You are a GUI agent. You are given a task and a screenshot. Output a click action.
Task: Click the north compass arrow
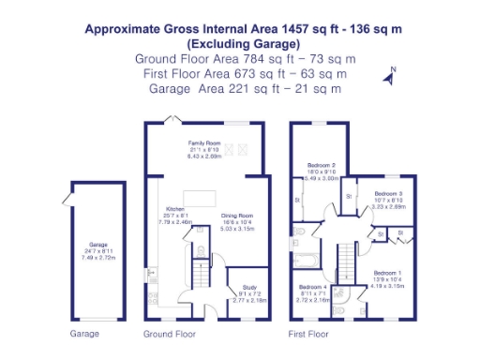coord(389,77)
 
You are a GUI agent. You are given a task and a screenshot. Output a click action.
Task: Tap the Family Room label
coord(204,144)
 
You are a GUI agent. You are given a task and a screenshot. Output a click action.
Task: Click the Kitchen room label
coord(175,208)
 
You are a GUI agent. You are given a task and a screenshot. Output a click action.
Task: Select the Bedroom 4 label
coord(313,287)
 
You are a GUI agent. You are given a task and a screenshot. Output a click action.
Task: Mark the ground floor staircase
coord(199,276)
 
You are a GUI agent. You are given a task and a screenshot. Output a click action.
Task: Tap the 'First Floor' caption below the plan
coord(308,334)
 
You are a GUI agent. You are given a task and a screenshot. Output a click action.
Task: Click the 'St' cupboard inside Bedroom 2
coord(298,200)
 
